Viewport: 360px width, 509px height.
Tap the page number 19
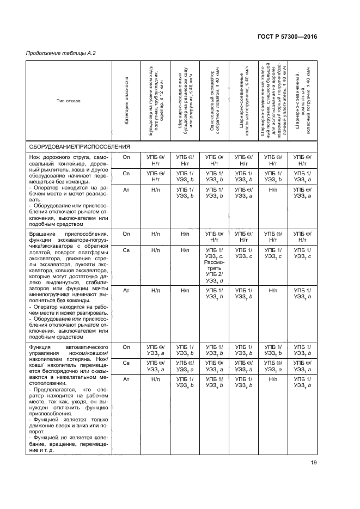pos(313,463)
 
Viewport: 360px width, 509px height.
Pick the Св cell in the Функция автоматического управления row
pos(126,363)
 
